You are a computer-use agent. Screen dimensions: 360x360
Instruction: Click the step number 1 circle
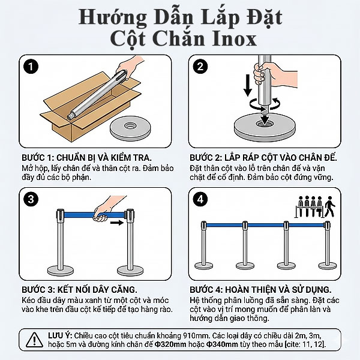pos(31,66)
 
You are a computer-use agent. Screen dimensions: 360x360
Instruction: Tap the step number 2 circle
pos(201,66)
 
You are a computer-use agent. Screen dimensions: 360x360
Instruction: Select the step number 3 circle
pos(31,198)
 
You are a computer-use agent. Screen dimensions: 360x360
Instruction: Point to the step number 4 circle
pos(201,198)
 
